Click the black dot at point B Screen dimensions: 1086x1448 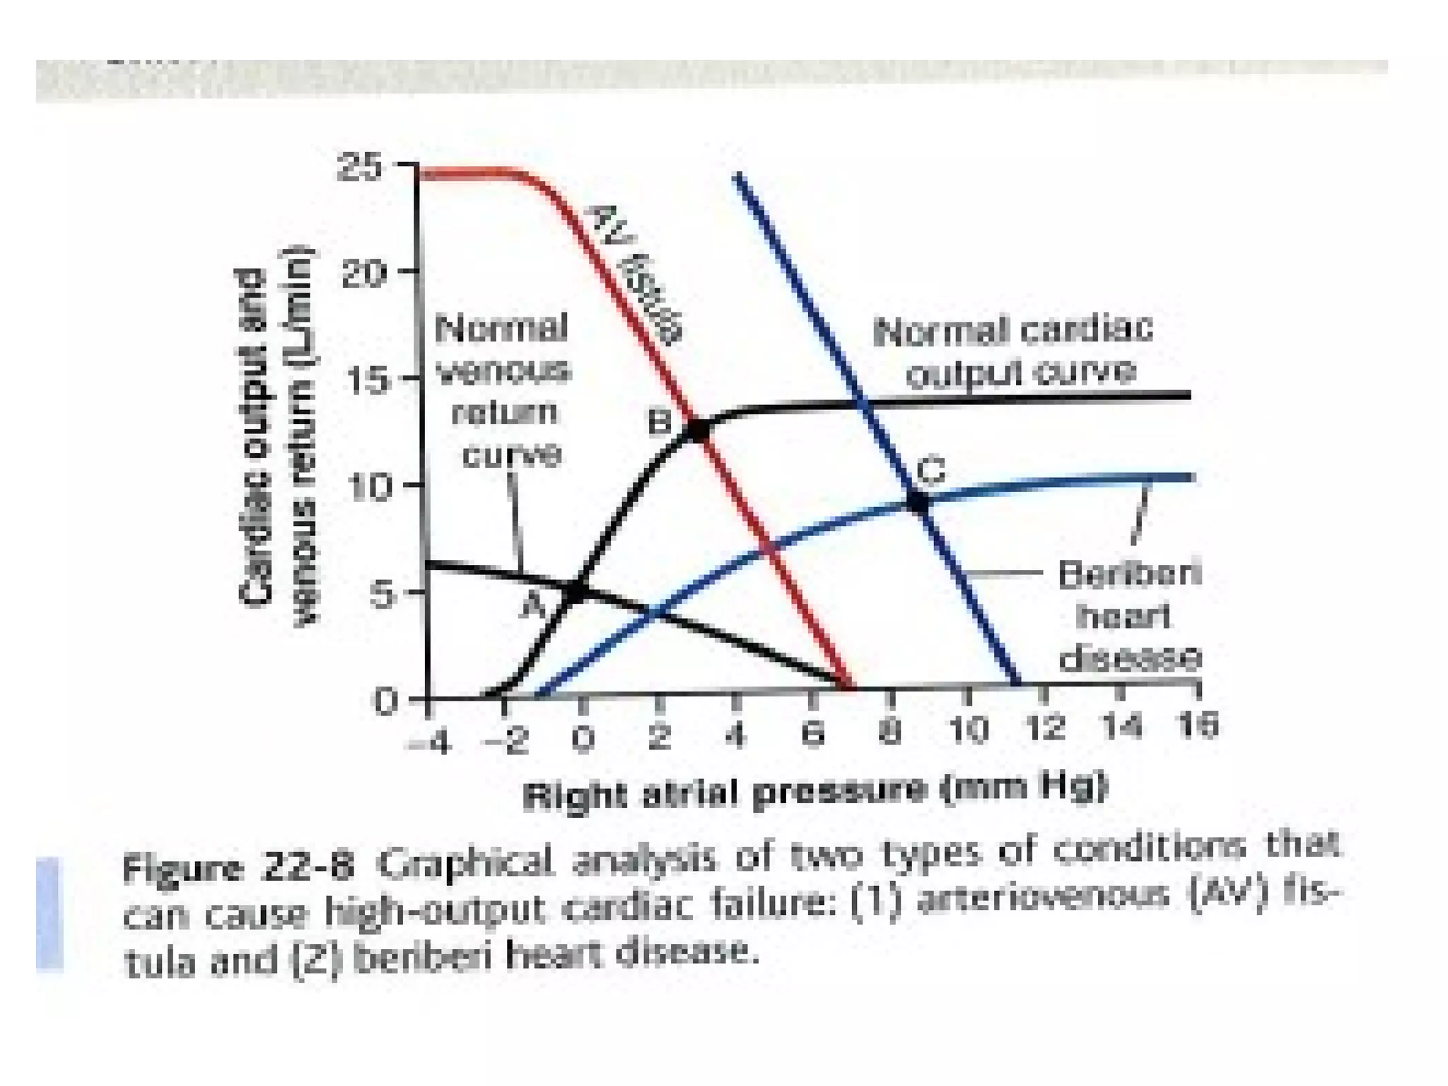pyautogui.click(x=697, y=431)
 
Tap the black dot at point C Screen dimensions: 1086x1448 pyautogui.click(x=917, y=502)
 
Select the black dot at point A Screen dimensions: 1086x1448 pyautogui.click(x=578, y=591)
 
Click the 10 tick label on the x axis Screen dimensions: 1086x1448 pyautogui.click(x=968, y=728)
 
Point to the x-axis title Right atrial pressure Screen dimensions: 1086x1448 pyautogui.click(x=813, y=791)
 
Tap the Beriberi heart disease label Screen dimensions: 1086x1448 pyautogui.click(x=1128, y=617)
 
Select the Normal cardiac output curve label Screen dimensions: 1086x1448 pyautogui.click(x=1012, y=351)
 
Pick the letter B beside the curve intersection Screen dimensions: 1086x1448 pyautogui.click(x=660, y=423)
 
